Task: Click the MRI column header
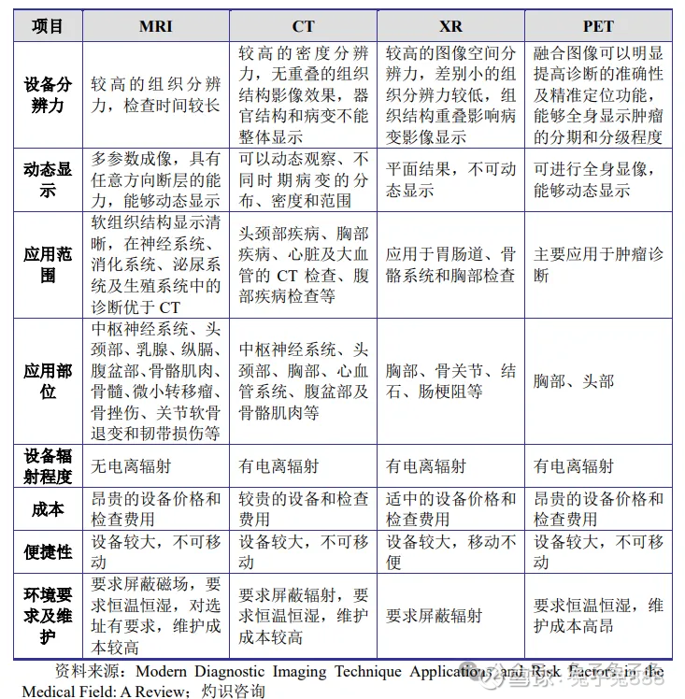click(155, 26)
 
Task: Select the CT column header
click(303, 26)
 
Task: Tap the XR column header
click(450, 26)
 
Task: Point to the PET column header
click(598, 26)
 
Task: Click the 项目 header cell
click(48, 26)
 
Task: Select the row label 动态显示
click(48, 179)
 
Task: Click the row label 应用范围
click(48, 264)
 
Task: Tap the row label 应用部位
click(48, 380)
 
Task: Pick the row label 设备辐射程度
click(48, 465)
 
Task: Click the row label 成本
click(48, 509)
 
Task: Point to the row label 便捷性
click(48, 552)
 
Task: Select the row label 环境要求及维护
click(48, 615)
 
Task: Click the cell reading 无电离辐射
click(132, 465)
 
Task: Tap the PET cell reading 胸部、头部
click(574, 381)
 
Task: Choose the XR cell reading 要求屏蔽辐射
click(435, 616)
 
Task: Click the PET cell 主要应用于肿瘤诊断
click(598, 264)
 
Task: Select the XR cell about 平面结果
click(450, 179)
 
